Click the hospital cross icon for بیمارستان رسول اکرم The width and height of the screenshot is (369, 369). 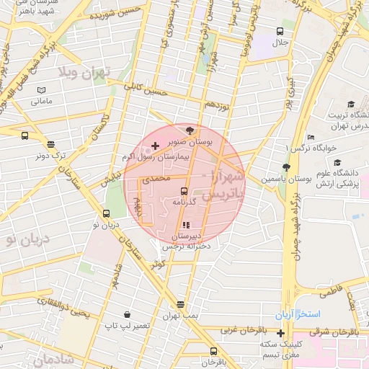(156, 146)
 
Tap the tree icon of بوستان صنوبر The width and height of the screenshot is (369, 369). (190, 130)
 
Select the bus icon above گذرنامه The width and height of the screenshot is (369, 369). (184, 192)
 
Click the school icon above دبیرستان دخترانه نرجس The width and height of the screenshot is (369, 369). (187, 225)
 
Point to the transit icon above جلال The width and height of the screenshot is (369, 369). (280, 31)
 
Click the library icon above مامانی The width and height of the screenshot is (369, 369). (41, 90)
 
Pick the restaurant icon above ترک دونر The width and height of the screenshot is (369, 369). (51, 144)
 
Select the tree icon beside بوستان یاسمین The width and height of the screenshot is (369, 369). (286, 167)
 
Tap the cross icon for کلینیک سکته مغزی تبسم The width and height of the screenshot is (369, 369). (280, 332)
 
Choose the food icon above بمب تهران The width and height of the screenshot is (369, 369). (179, 304)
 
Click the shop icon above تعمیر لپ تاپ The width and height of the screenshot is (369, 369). (128, 314)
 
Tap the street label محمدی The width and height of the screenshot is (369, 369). (157, 177)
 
